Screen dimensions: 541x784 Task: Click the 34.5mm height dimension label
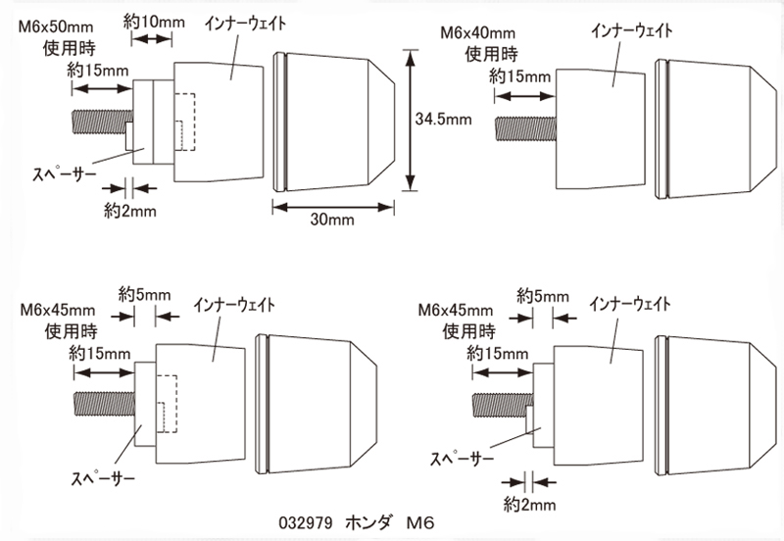(x=443, y=120)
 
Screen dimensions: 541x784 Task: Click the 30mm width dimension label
(x=331, y=221)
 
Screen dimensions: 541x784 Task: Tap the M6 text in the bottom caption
(x=420, y=524)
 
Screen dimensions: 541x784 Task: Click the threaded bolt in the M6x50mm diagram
(x=98, y=123)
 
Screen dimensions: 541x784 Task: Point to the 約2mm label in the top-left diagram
(x=127, y=209)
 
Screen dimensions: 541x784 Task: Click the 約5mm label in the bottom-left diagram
(x=145, y=293)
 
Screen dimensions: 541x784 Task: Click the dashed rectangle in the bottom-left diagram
(x=166, y=403)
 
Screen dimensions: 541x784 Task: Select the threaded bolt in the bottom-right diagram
(x=500, y=402)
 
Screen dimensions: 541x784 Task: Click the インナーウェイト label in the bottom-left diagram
(x=234, y=302)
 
